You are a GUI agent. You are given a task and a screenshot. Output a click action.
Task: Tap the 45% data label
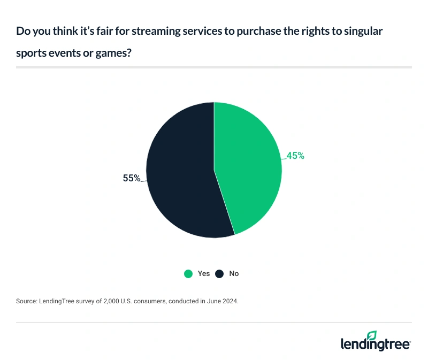coord(295,156)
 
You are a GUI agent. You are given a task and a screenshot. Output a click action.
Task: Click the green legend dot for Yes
coord(188,273)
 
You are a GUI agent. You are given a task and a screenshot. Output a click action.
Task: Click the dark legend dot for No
coord(219,273)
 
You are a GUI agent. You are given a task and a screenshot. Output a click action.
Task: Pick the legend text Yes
coord(204,273)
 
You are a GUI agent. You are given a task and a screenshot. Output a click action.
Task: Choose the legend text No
coord(234,273)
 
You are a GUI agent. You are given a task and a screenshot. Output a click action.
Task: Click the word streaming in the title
coord(150,32)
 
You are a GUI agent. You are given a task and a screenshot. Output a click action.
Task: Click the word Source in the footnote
coord(27,302)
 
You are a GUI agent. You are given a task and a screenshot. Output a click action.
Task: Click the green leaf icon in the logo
coord(372,335)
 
